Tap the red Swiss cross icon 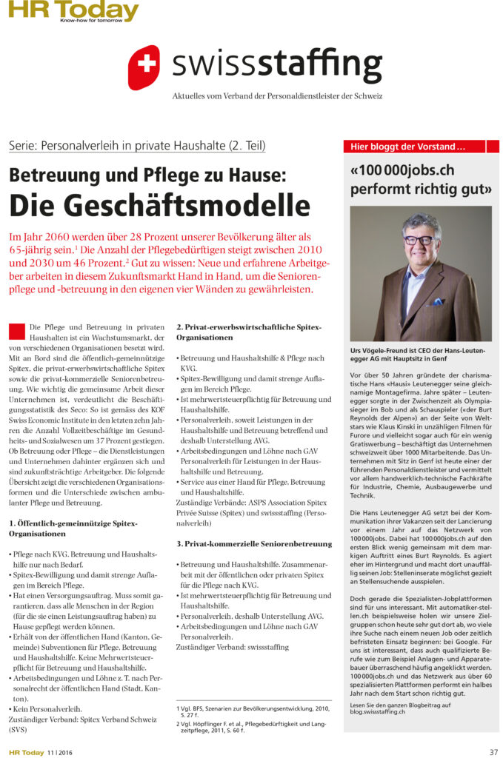tap(144, 67)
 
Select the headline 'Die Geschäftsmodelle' tap(159, 204)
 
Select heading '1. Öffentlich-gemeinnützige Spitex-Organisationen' tap(73, 529)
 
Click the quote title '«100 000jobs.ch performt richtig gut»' tap(420, 178)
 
